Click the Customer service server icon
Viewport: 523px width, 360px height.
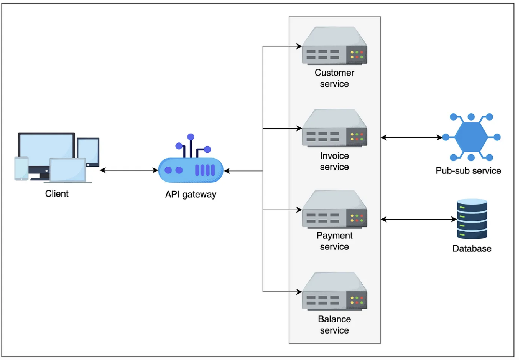[334, 46]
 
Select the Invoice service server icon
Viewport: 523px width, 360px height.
[334, 128]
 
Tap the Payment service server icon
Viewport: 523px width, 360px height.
[334, 210]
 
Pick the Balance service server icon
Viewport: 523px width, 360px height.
[334, 291]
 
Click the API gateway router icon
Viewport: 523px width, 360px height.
[191, 165]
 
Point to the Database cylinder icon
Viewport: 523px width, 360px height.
[472, 219]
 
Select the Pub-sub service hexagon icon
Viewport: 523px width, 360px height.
[471, 137]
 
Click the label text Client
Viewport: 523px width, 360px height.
[57, 194]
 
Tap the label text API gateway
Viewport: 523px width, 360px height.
[191, 195]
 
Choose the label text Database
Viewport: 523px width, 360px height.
[472, 249]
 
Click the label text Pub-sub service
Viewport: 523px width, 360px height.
[468, 171]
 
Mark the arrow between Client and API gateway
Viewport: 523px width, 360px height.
[129, 170]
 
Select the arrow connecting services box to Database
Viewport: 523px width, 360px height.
[419, 219]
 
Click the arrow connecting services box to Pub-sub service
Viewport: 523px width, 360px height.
[411, 137]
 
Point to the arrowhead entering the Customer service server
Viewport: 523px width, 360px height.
[299, 46]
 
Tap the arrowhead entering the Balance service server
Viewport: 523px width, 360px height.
[299, 292]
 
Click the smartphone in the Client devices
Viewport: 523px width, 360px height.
[21, 168]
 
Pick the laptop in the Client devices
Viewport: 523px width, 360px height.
[68, 171]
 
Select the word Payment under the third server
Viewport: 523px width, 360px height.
[334, 236]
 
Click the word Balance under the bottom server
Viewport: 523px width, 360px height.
[334, 319]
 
